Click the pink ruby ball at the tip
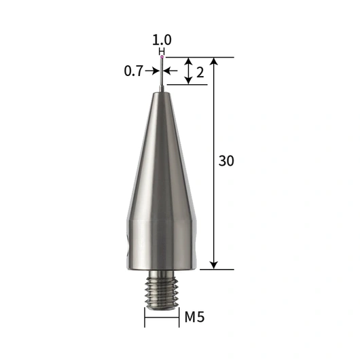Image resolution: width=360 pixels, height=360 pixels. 162,56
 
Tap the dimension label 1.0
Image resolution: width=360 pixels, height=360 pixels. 162,39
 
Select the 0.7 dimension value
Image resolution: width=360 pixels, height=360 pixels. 134,71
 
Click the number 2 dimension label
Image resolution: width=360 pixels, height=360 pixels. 200,73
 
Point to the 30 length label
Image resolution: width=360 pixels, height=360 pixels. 226,161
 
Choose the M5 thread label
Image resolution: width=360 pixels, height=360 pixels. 194,317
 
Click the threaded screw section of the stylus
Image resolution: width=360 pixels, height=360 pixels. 162,293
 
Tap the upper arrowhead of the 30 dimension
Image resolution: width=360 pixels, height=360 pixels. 214,61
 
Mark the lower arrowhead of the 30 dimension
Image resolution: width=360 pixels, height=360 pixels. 214,265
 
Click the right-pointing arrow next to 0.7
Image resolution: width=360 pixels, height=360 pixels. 152,71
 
